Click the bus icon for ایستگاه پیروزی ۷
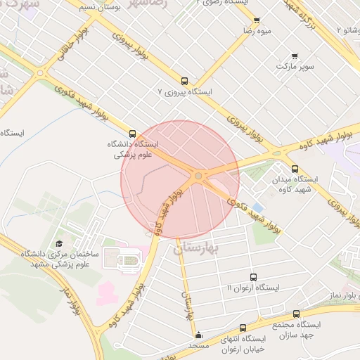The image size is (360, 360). (185, 81)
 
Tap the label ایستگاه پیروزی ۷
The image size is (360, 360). (184, 92)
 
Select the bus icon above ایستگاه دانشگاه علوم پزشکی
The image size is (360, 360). (132, 133)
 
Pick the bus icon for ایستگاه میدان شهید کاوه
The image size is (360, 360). (295, 169)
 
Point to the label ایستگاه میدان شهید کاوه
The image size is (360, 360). (295, 185)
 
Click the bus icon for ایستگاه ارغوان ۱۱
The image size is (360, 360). (253, 278)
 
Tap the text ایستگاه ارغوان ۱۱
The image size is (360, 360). (253, 288)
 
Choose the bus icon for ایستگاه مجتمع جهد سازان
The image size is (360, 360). (296, 314)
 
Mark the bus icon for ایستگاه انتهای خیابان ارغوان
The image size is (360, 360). (243, 328)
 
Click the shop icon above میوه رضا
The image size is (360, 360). (257, 21)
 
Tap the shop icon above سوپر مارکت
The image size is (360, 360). (294, 56)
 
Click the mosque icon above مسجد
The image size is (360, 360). (200, 335)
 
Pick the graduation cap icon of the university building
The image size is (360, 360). (59, 243)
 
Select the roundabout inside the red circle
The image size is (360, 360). (199, 175)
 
